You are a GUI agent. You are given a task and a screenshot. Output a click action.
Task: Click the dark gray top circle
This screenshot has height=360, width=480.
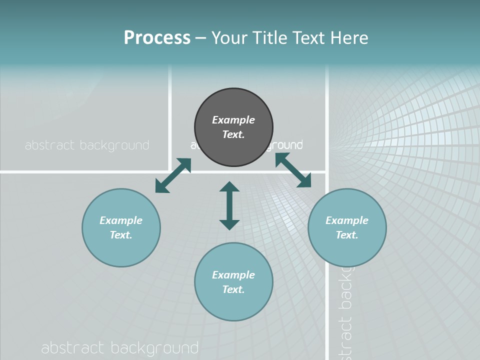233,127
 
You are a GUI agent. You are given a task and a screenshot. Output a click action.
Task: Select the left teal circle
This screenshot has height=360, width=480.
121,227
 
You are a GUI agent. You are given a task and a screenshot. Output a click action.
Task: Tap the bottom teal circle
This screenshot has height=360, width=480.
233,281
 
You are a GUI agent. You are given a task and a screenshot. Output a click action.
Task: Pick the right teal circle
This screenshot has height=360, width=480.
347,227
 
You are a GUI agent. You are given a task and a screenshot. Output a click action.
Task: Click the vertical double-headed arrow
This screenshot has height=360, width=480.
229,205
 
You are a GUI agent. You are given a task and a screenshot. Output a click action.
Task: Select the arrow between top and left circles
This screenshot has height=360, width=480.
173,175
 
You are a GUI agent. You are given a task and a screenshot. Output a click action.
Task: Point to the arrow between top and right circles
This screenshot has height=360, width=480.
293,170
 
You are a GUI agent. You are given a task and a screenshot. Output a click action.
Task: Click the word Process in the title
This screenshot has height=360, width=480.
157,37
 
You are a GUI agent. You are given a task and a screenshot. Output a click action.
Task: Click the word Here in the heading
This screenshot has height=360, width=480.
349,37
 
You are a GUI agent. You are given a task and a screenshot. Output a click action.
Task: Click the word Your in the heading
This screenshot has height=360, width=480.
230,37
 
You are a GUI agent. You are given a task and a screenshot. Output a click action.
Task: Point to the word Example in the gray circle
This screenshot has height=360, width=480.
233,120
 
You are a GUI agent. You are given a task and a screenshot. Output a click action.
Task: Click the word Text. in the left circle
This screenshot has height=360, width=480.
121,235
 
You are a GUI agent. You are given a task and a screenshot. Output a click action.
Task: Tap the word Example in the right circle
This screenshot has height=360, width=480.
347,220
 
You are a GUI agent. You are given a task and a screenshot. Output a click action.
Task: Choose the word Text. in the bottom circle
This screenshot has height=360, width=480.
233,289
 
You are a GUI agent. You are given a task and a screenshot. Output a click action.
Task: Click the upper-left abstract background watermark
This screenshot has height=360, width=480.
87,145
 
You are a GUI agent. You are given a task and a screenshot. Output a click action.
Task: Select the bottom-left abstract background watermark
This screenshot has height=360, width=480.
120,348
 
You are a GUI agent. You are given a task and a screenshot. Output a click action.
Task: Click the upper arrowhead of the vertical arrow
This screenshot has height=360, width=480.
229,187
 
